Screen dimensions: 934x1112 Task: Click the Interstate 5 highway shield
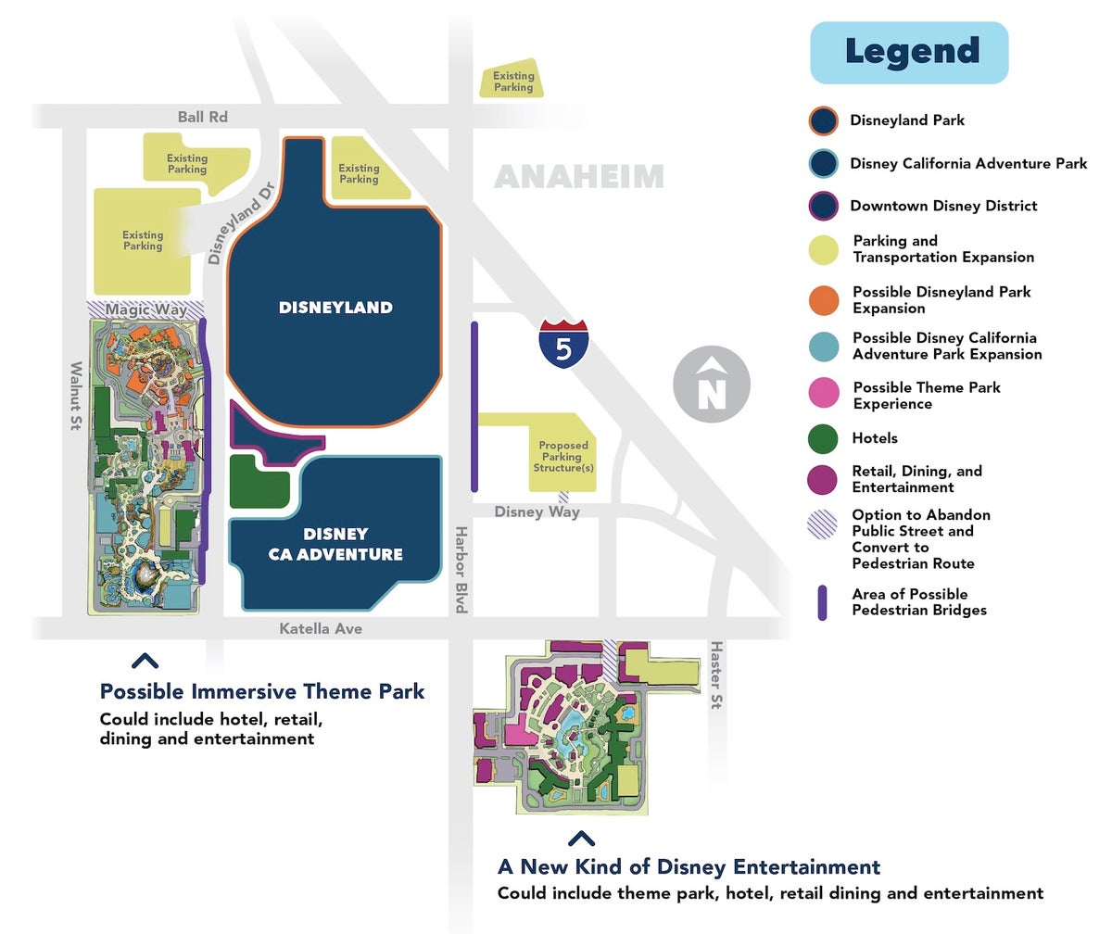(x=563, y=343)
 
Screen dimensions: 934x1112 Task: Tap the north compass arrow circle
(x=711, y=384)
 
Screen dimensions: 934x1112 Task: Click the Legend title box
(x=909, y=53)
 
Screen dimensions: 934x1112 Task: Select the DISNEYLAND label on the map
(x=335, y=308)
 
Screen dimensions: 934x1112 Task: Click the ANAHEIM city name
(x=578, y=176)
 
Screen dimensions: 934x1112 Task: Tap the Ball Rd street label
(x=202, y=117)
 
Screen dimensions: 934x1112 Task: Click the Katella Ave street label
(x=321, y=629)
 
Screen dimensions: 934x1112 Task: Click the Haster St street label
(x=715, y=675)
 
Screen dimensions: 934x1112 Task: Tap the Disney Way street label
(x=537, y=511)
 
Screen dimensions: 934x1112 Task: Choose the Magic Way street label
(x=145, y=309)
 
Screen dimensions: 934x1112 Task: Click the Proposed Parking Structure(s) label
(x=562, y=457)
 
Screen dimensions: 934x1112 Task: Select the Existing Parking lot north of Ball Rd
(x=512, y=82)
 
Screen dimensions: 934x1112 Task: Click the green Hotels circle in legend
(x=824, y=438)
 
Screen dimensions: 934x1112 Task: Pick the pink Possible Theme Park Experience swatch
(x=824, y=396)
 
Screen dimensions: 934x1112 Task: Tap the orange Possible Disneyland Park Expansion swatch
(x=824, y=300)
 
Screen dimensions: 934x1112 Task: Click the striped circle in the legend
(x=824, y=524)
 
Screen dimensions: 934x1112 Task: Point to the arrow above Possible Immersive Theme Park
(x=145, y=661)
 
